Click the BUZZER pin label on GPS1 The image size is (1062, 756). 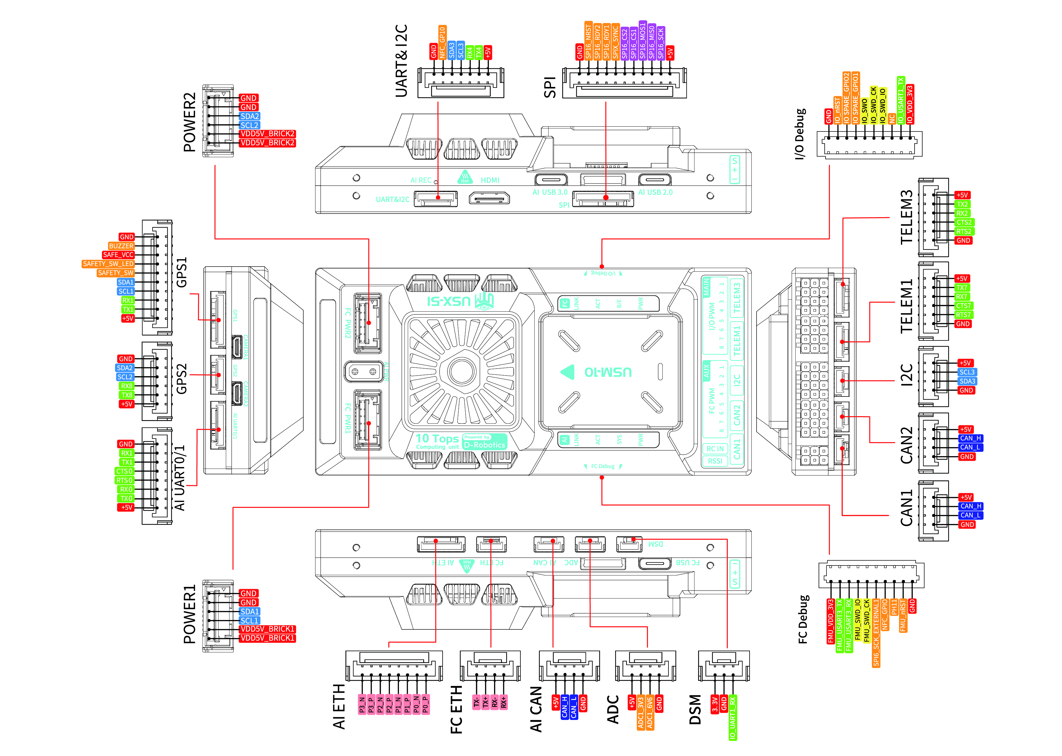click(121, 246)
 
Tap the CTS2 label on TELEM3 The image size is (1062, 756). click(964, 222)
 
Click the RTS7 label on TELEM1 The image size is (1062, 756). click(963, 315)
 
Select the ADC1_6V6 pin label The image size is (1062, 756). click(650, 712)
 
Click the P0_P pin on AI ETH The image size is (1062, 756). click(425, 704)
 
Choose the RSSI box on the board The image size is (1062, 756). click(715, 461)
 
